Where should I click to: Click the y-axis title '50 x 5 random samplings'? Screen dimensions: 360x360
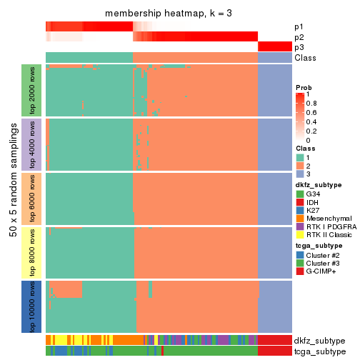tap(12, 198)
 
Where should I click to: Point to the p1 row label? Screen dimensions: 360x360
tap(299, 26)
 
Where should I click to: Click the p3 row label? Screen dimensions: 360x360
tap(299, 47)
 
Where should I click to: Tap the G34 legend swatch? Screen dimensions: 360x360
tap(300, 194)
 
